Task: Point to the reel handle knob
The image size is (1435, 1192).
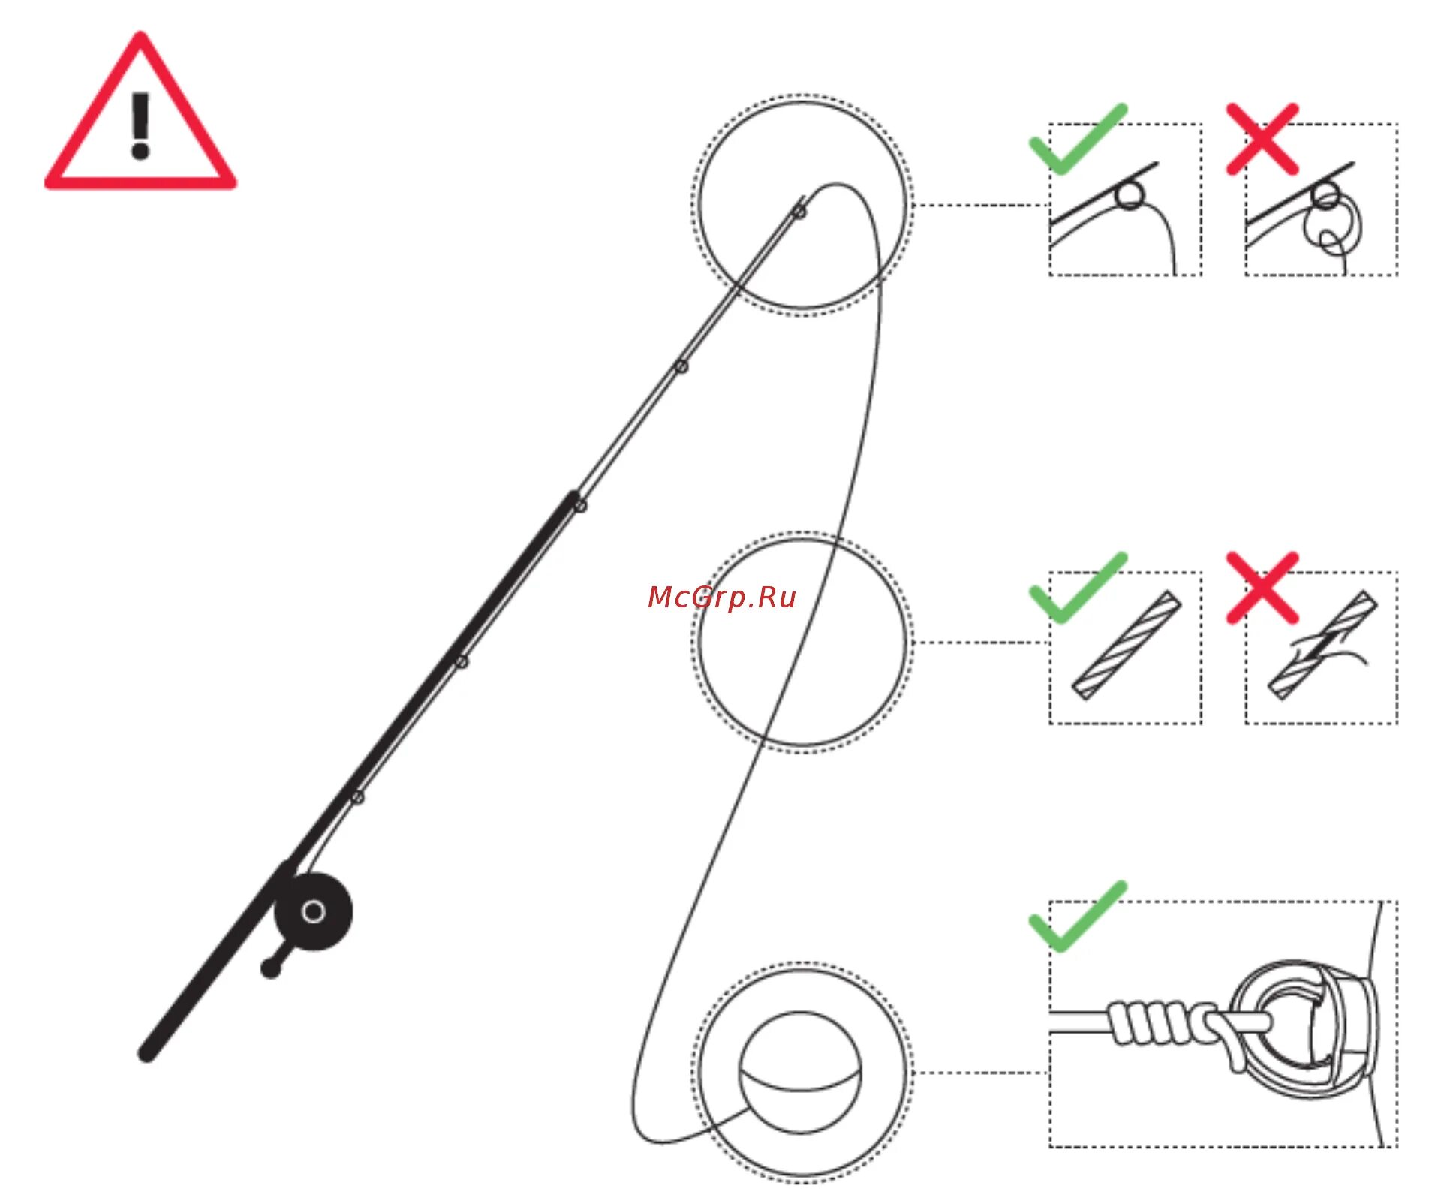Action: pyautogui.click(x=270, y=969)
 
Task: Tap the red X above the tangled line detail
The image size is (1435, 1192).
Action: pyautogui.click(x=1262, y=140)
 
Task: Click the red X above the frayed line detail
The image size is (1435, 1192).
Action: pyautogui.click(x=1262, y=588)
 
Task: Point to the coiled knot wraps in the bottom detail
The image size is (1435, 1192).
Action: pyautogui.click(x=1156, y=1022)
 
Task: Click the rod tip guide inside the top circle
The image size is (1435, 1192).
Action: pyautogui.click(x=799, y=212)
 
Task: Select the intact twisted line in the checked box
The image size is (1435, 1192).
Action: pyautogui.click(x=1126, y=646)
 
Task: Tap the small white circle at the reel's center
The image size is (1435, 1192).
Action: pyautogui.click(x=313, y=912)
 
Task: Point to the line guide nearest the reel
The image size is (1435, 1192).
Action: pyautogui.click(x=358, y=796)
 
